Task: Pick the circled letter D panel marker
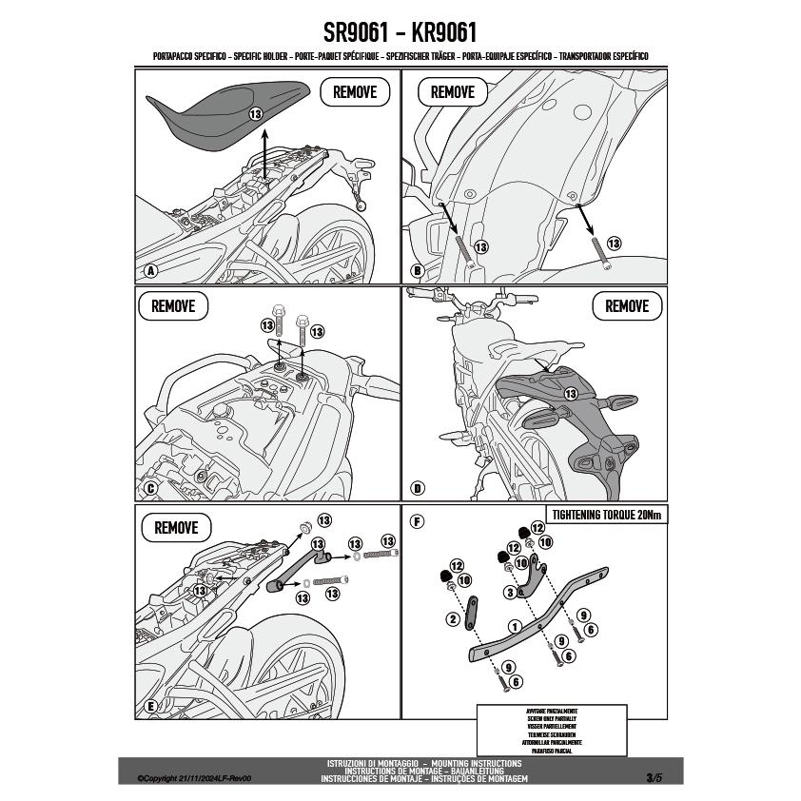pos(417,489)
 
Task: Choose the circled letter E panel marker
pos(150,706)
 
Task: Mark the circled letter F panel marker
pos(417,521)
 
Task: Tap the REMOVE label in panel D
pos(626,306)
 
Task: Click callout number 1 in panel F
pos(514,627)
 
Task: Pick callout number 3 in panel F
pos(510,592)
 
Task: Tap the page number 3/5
pos(653,777)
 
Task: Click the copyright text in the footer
pos(193,777)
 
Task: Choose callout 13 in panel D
pos(570,393)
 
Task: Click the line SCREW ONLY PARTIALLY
pos(551,718)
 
